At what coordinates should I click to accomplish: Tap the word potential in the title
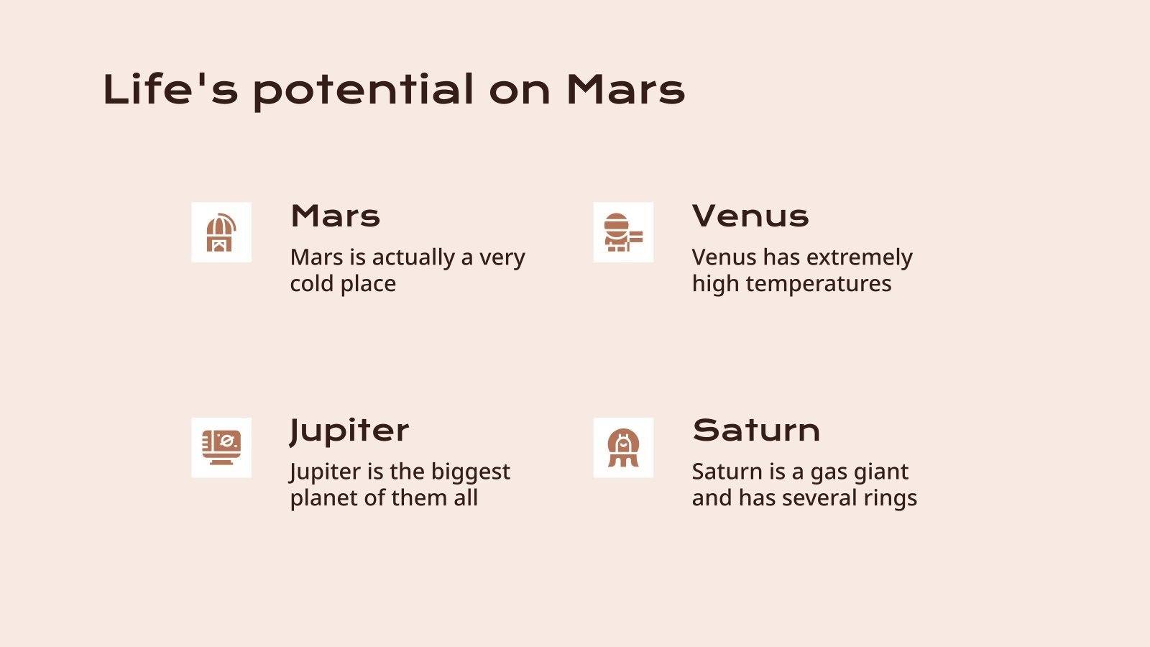[363, 91]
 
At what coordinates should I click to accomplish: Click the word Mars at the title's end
[625, 90]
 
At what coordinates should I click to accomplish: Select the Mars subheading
[335, 216]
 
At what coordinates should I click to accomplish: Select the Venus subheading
[750, 216]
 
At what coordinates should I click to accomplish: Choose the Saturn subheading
[756, 430]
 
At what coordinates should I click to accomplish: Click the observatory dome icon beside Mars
[221, 232]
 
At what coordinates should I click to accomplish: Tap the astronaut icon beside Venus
[623, 232]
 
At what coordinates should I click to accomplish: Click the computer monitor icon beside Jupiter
[221, 447]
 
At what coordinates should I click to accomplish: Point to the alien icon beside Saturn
[623, 447]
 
